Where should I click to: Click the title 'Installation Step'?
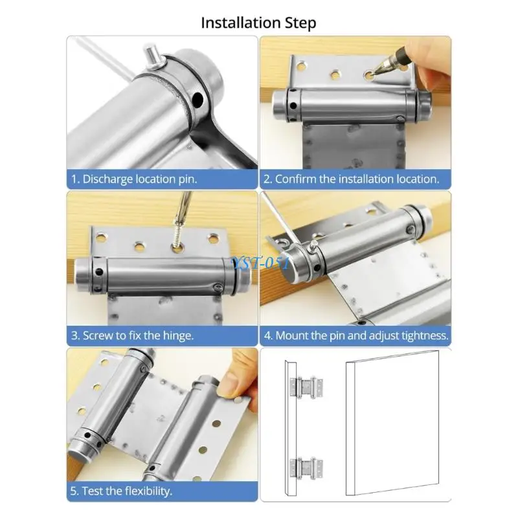(258, 23)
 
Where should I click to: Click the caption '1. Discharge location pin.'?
(134, 179)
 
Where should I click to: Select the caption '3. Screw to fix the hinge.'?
(133, 335)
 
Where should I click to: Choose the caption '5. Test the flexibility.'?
(122, 491)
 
